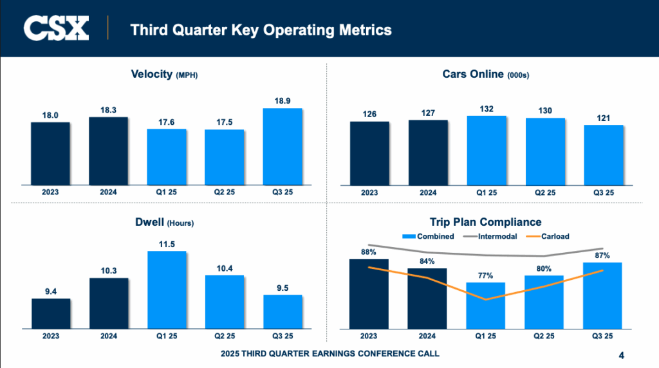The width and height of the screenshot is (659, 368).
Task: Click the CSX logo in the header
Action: pyautogui.click(x=56, y=29)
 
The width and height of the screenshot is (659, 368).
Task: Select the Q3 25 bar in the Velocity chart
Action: pyautogui.click(x=283, y=146)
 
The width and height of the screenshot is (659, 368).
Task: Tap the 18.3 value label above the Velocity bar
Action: pyautogui.click(x=108, y=111)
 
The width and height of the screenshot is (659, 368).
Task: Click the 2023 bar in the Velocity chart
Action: pyautogui.click(x=50, y=153)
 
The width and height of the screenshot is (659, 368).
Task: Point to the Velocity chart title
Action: pyautogui.click(x=164, y=75)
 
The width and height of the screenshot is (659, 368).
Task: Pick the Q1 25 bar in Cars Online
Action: pyautogui.click(x=487, y=151)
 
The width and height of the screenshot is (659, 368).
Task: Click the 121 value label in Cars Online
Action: pyautogui.click(x=604, y=118)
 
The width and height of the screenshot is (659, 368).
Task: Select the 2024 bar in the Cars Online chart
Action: pyautogui.click(x=428, y=152)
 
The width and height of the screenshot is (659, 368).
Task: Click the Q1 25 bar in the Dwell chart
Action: pyautogui.click(x=167, y=290)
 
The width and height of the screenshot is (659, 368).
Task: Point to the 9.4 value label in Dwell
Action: pyautogui.click(x=51, y=291)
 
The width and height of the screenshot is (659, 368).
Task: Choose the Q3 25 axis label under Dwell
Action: pyautogui.click(x=283, y=335)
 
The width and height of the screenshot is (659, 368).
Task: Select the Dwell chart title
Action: pyautogui.click(x=164, y=223)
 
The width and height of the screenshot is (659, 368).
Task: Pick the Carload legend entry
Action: pyautogui.click(x=548, y=236)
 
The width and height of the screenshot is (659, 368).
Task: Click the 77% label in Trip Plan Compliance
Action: pyautogui.click(x=486, y=275)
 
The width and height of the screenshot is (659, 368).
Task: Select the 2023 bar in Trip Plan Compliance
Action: pyautogui.click(x=369, y=293)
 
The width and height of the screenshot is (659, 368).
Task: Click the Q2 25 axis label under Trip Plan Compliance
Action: pyautogui.click(x=545, y=335)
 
